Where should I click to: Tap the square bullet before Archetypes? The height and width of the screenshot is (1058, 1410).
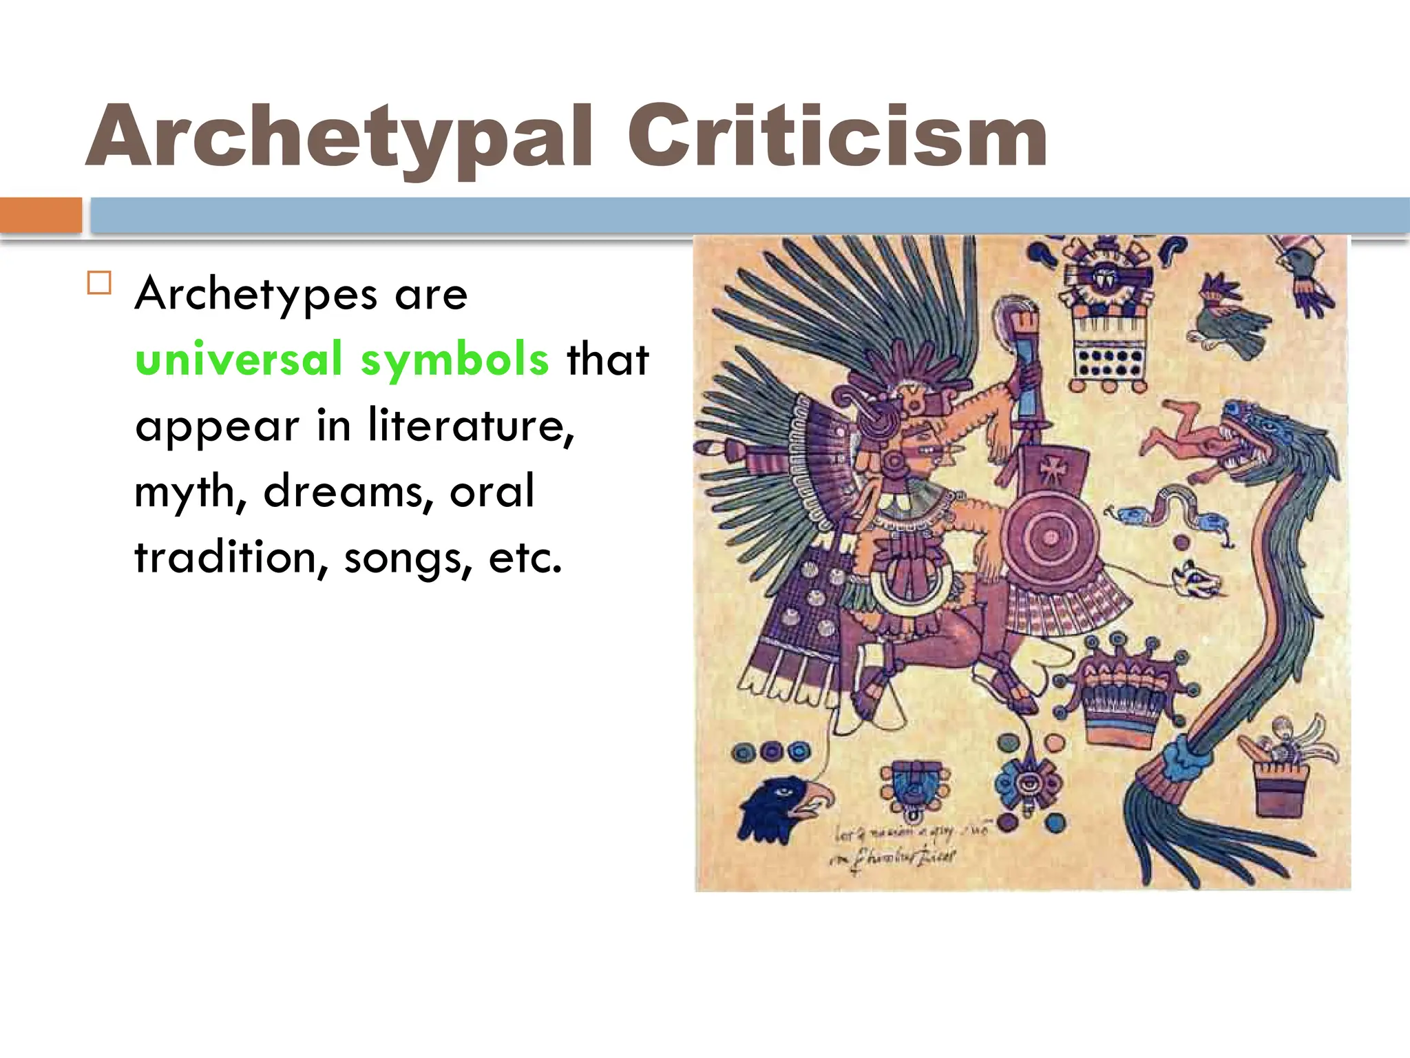pos(100,283)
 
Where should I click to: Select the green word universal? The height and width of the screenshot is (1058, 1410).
pos(238,359)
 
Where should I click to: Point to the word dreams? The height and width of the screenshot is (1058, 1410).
pos(348,491)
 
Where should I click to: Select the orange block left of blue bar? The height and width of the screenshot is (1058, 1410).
pos(41,215)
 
